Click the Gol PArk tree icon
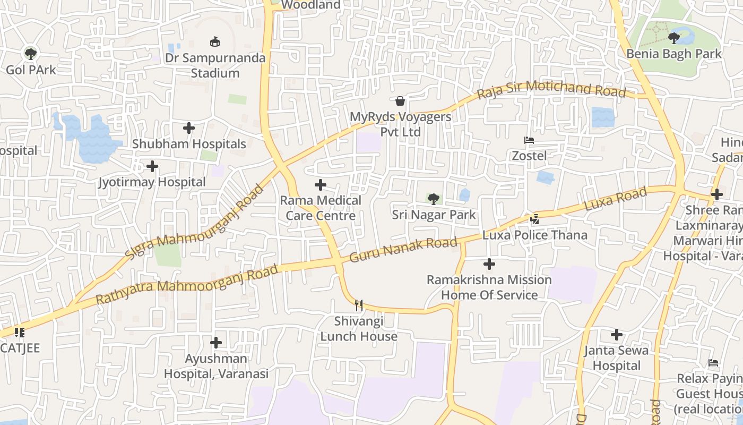[x=30, y=53]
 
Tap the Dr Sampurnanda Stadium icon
[x=215, y=41]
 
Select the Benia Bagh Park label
[x=674, y=54]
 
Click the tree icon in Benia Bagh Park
[x=673, y=38]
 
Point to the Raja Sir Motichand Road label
[x=551, y=90]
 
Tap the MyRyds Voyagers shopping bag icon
[x=400, y=100]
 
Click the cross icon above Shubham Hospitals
[x=189, y=128]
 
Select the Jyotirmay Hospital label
[x=152, y=182]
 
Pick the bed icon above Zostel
[x=529, y=140]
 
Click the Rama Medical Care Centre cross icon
[x=321, y=185]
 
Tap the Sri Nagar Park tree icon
[x=434, y=199]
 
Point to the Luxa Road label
[x=615, y=199]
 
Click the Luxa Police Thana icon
[x=535, y=218]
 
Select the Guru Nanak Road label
[x=403, y=250]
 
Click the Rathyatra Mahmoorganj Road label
[x=187, y=285]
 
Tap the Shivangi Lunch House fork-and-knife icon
[x=359, y=305]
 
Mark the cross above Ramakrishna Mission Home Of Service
[x=489, y=263]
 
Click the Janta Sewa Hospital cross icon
[x=616, y=335]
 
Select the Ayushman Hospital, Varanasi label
[x=216, y=366]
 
